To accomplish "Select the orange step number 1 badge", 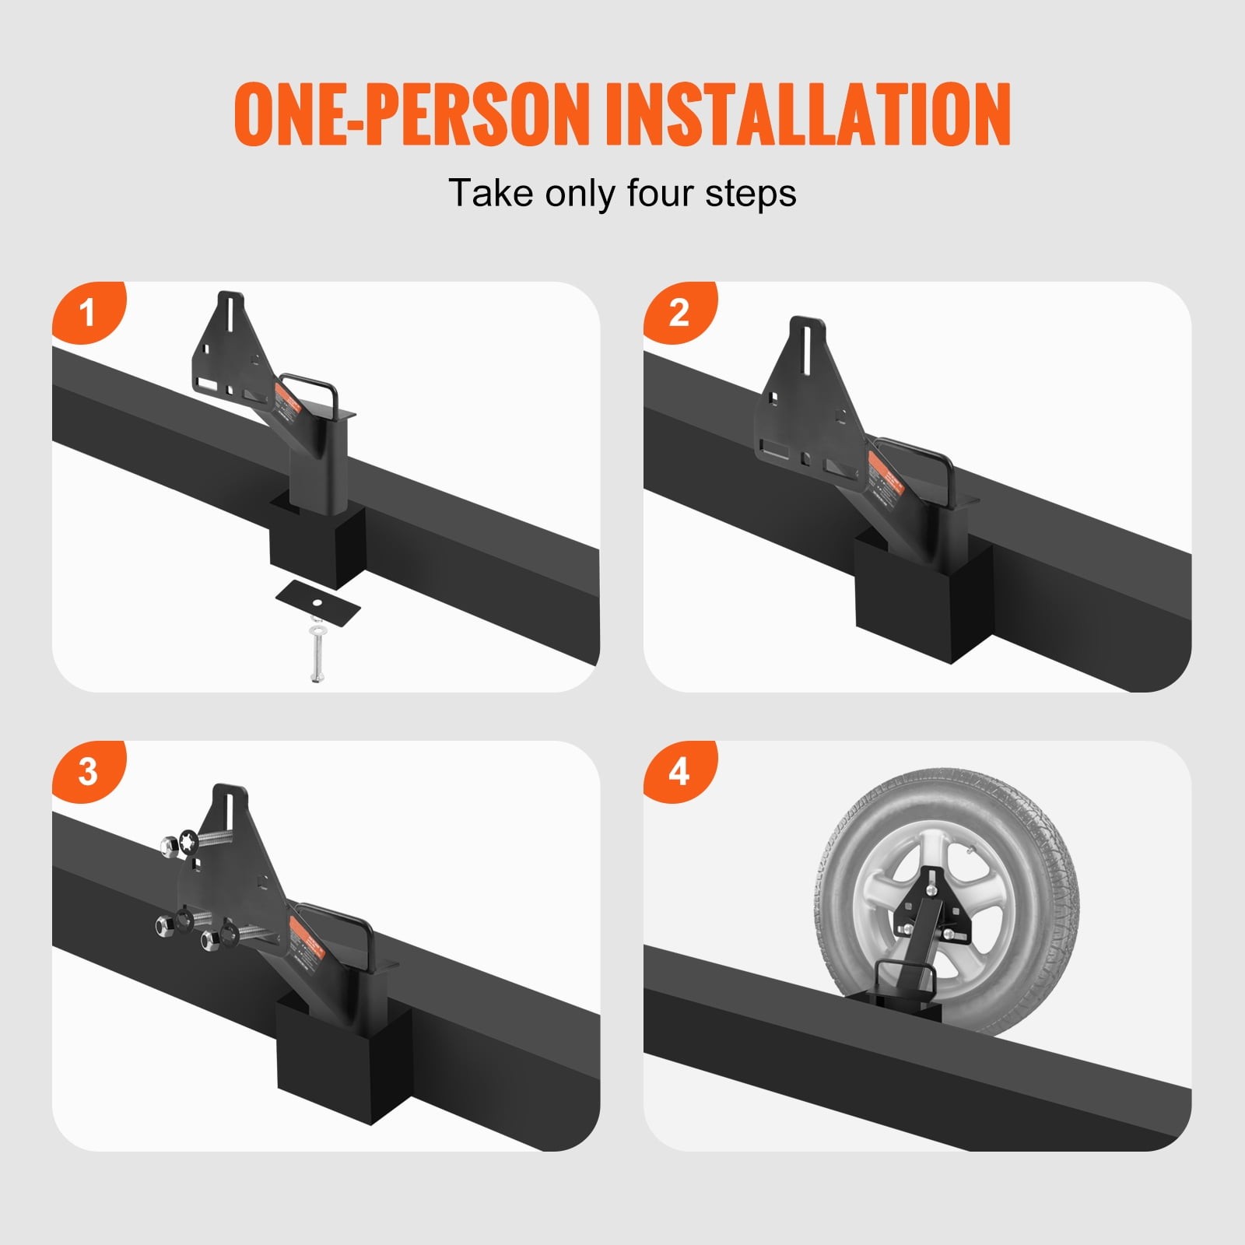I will pyautogui.click(x=88, y=312).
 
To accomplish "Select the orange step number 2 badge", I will pyautogui.click(x=679, y=312).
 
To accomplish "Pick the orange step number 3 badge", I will pyautogui.click(x=88, y=771).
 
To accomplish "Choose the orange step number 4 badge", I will pyautogui.click(x=679, y=771).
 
